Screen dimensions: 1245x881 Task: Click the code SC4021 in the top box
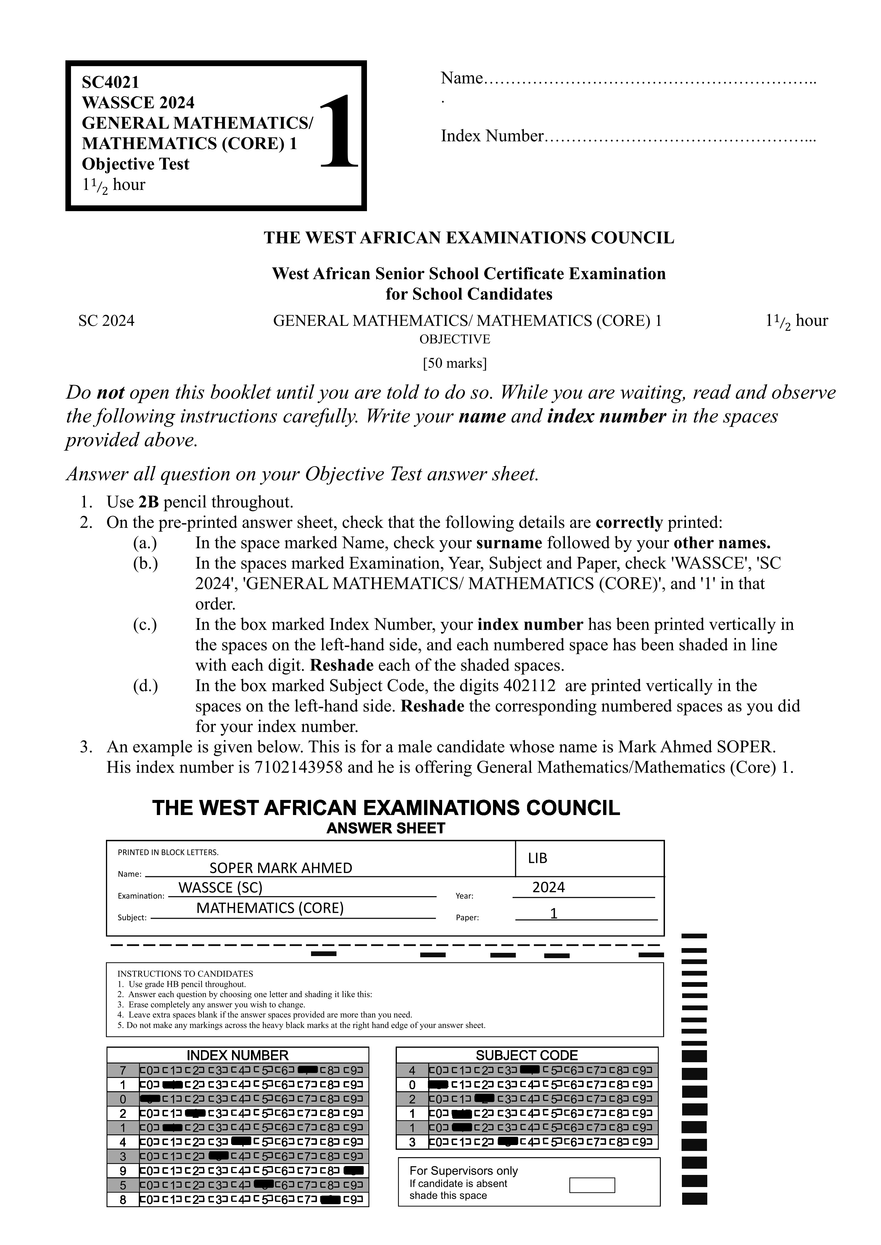(110, 83)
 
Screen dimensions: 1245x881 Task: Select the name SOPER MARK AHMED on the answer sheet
(281, 868)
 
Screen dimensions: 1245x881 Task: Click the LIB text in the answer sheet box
(538, 858)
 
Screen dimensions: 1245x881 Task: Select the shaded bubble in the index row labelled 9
(353, 1171)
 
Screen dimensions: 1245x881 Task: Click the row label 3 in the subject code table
(412, 1142)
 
